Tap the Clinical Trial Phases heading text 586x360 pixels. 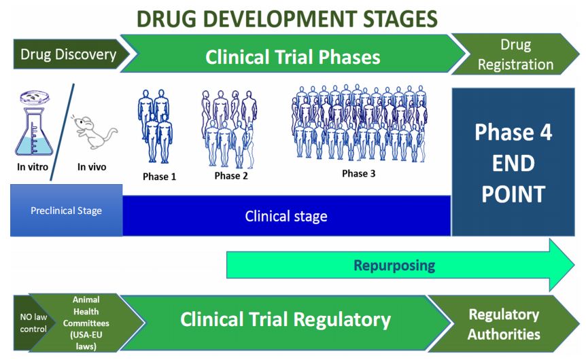292,56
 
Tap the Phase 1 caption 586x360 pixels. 159,177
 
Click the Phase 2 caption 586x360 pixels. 231,177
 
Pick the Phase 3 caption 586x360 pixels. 358,174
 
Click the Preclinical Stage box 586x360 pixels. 66,211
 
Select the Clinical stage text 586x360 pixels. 286,217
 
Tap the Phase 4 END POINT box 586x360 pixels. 513,163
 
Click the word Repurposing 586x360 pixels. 394,265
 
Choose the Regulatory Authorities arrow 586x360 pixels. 504,324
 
